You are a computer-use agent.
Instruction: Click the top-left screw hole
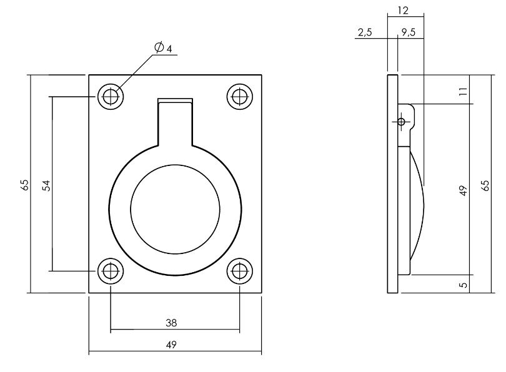click(x=110, y=97)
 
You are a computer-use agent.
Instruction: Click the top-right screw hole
click(x=239, y=97)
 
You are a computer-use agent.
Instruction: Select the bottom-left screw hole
click(x=110, y=271)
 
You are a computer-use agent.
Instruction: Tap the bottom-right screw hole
click(x=239, y=271)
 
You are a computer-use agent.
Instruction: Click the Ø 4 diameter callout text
click(x=163, y=47)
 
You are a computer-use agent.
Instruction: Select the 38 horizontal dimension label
click(x=171, y=323)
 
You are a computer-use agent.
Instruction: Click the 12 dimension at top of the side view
click(x=402, y=10)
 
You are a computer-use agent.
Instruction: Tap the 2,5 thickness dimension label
click(x=365, y=32)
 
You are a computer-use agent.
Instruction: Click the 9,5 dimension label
click(x=409, y=32)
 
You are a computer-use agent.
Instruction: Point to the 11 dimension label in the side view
click(x=463, y=91)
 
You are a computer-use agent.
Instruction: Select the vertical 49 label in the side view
click(x=463, y=190)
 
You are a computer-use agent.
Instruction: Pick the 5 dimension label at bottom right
click(x=463, y=284)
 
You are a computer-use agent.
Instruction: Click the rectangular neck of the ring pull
click(x=174, y=122)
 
